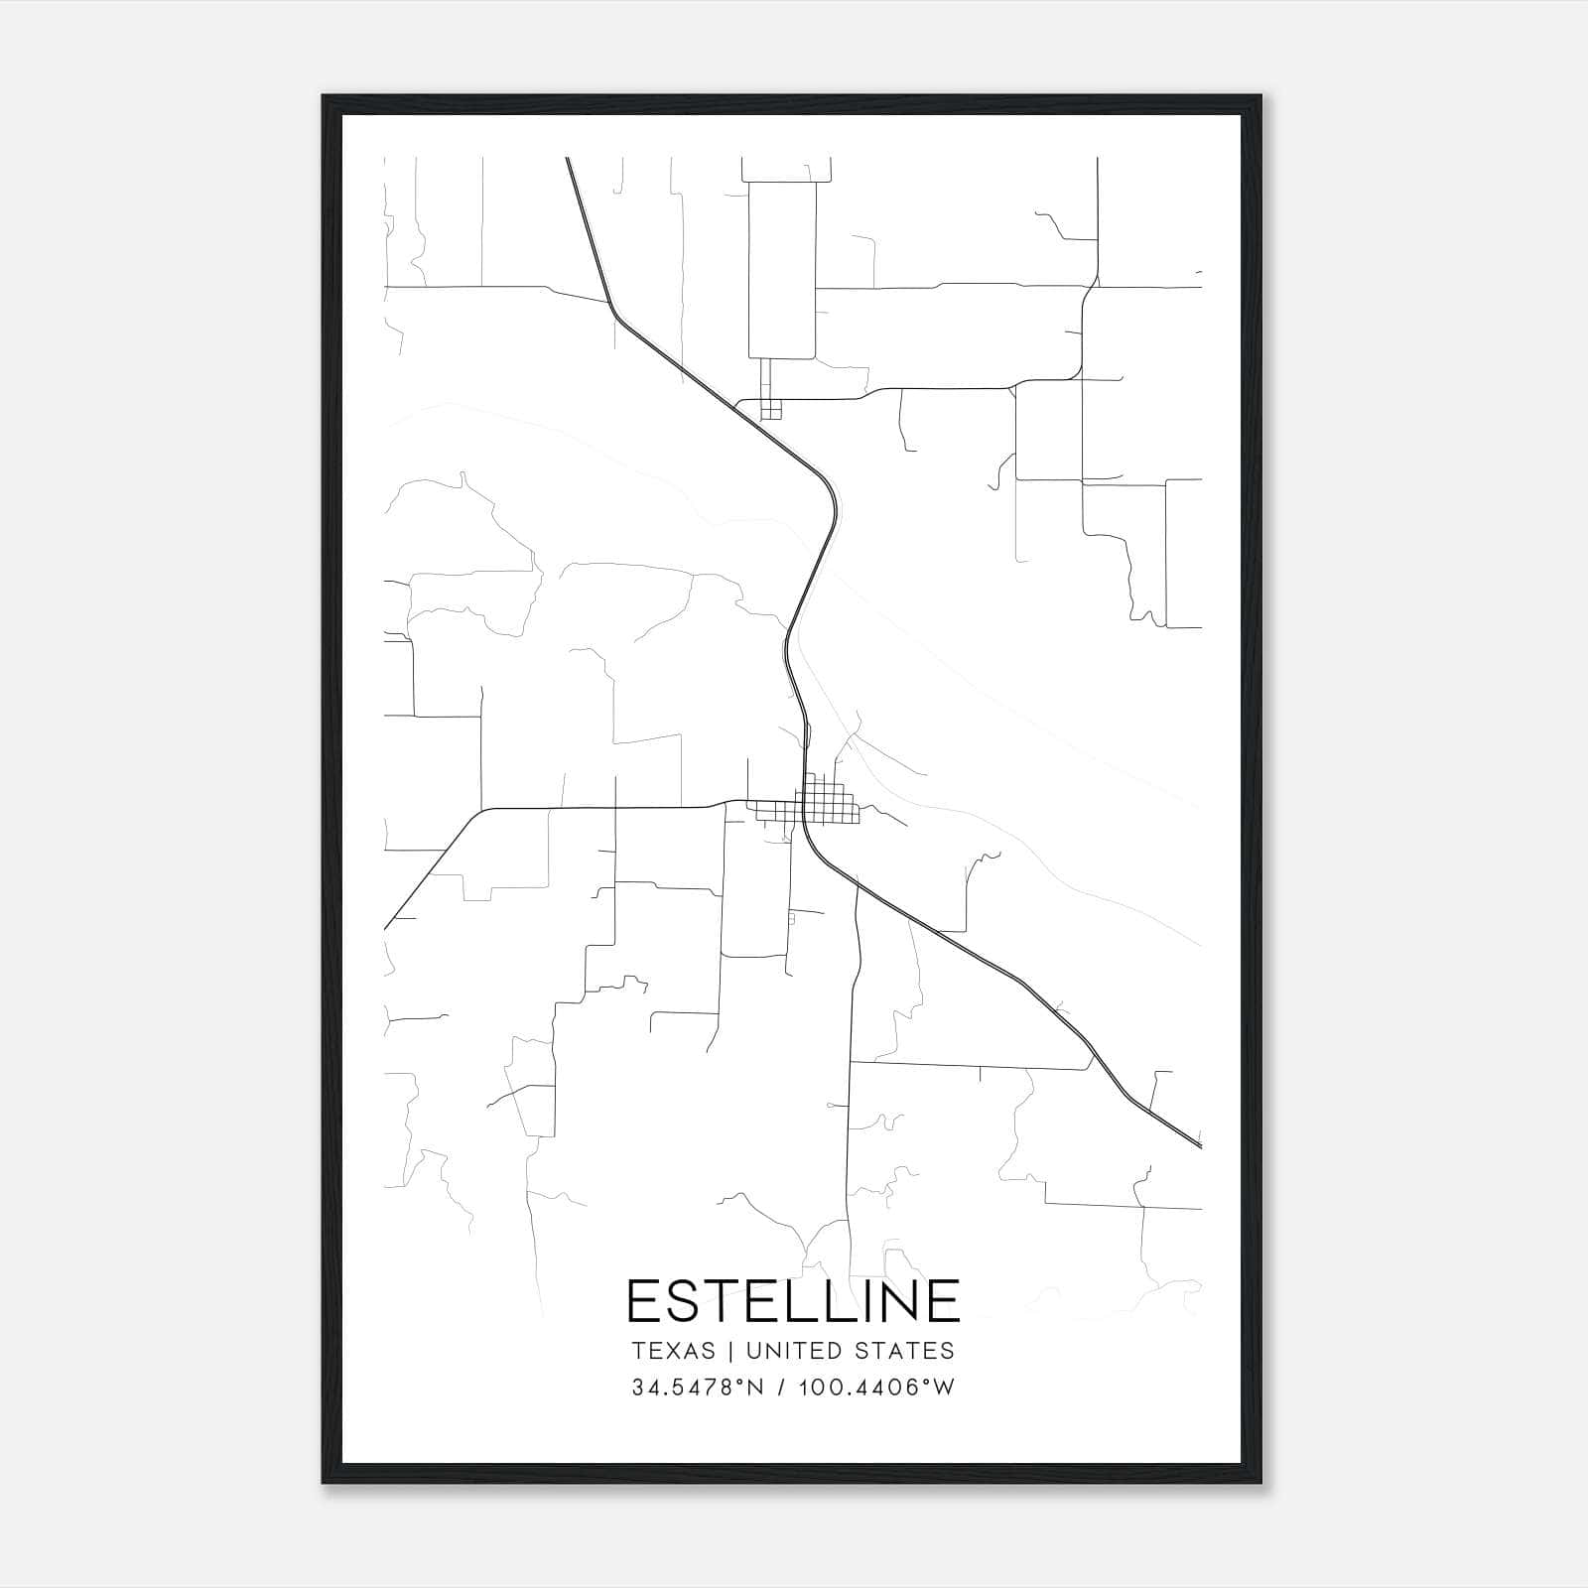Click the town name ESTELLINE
794,1300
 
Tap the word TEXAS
673,1351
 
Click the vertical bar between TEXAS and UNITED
730,1351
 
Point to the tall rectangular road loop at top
781,268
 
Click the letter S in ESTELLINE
694,1300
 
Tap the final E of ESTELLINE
944,1300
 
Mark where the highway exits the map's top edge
568,159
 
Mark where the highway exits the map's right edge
1200,1146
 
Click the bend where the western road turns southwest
482,811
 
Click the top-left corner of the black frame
325,97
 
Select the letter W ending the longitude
944,1388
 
